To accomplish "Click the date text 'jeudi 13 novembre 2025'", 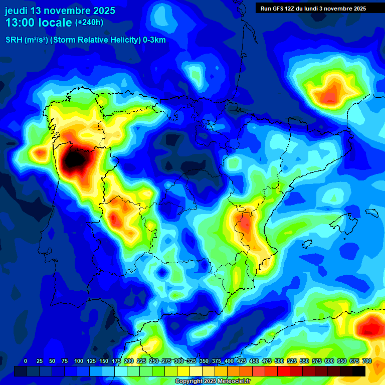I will pos(60,11).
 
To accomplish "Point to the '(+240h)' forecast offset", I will pos(89,22).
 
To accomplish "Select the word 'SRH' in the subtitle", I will pos(14,40).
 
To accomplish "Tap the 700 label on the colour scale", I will pos(366,361).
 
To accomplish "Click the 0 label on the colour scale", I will pos(26,361).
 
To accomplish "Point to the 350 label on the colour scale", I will pos(204,361).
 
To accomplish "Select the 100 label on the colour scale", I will pos(78,361).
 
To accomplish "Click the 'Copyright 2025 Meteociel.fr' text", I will pos(213,381).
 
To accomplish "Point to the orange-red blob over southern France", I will pos(332,93).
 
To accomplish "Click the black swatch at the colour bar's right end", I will pos(358,371).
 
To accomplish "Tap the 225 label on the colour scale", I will pos(141,361).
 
